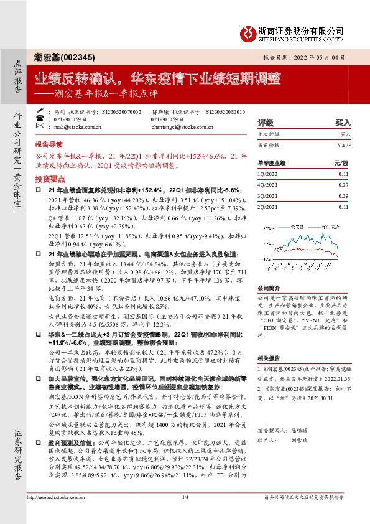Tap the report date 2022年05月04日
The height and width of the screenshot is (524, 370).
pyautogui.click(x=317, y=57)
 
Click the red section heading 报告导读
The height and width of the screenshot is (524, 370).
pyautogui.click(x=49, y=143)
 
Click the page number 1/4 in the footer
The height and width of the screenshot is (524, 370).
pyautogui.click(x=185, y=514)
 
